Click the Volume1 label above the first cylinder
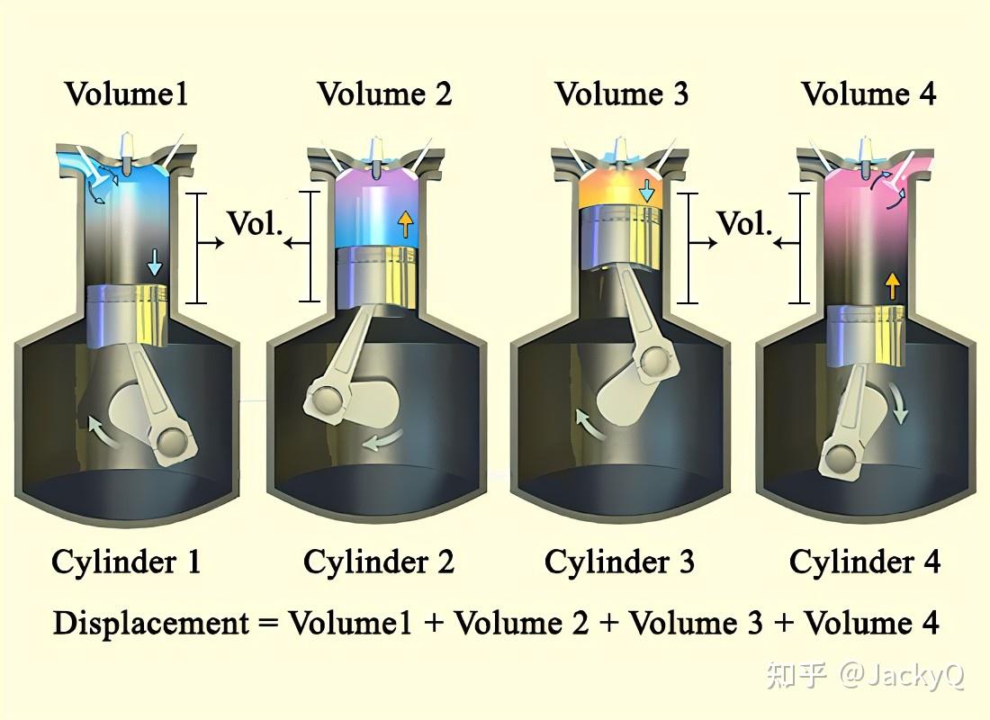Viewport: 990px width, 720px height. pos(127,94)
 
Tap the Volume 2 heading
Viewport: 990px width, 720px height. pos(384,94)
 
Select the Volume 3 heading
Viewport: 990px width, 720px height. pos(622,94)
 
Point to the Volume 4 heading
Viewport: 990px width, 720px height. pos(868,94)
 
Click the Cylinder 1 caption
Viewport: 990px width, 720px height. pos(126,562)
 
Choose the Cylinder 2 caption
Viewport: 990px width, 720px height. pos(379,562)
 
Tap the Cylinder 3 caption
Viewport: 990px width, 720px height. pos(619,562)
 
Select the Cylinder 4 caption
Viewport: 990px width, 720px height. pos(865,562)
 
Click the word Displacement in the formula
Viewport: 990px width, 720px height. pos(150,623)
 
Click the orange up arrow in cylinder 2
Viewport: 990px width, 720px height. pos(406,222)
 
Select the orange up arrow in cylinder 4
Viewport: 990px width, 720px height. pos(892,286)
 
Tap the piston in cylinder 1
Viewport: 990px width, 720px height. pos(128,313)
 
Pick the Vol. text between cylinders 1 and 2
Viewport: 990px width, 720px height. pos(255,224)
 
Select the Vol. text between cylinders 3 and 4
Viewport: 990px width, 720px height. pos(745,224)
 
